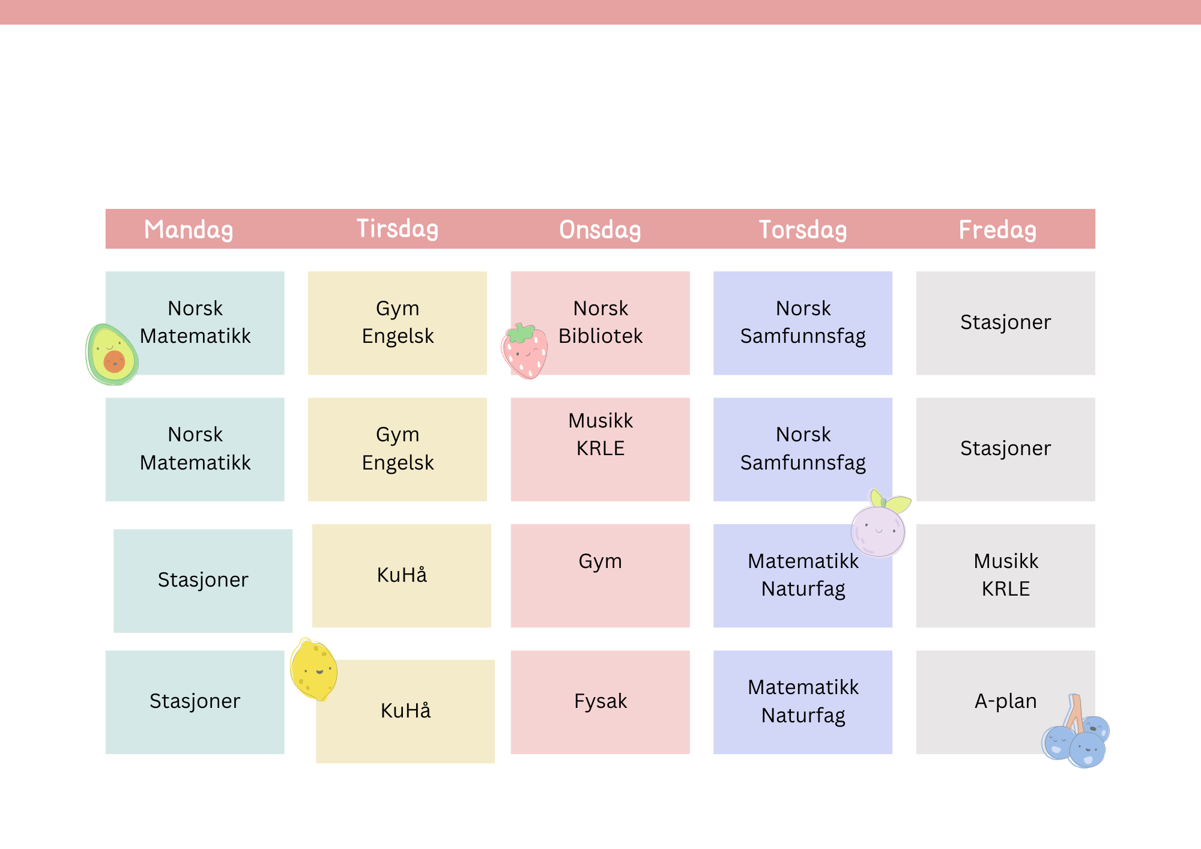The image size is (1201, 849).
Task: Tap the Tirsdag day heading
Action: pos(398,229)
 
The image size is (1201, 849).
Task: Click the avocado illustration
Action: pos(112,355)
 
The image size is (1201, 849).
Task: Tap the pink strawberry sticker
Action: pos(525,351)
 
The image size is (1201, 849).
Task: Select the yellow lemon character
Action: pos(313,669)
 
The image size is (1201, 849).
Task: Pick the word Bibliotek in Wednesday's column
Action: pos(600,336)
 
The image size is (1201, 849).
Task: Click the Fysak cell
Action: pos(600,702)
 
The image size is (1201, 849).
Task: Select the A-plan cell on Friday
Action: pos(1006,701)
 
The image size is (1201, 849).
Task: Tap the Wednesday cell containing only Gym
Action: pos(600,576)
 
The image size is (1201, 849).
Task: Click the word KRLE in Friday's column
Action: pos(1006,589)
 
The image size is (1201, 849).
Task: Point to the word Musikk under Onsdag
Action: pos(600,421)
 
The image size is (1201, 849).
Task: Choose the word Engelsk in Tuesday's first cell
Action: pos(398,336)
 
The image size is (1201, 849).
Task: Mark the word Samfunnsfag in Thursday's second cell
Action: pos(803,463)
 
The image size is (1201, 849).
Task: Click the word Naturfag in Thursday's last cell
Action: pos(803,716)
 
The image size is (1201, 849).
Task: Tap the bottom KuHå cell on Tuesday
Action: pos(405,712)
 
